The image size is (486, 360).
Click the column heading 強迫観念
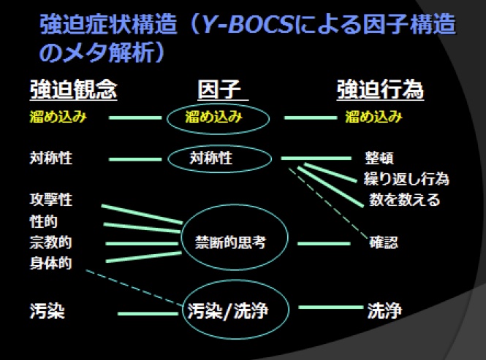click(x=73, y=90)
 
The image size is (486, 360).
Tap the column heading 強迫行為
click(x=380, y=90)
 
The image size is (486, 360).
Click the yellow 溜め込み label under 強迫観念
click(x=58, y=117)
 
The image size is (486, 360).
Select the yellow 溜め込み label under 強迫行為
click(x=373, y=117)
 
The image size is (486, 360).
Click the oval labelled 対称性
click(x=219, y=158)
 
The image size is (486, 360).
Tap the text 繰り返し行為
click(x=406, y=179)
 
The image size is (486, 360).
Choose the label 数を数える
click(x=404, y=199)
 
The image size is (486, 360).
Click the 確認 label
click(x=384, y=243)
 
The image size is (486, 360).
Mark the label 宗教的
click(x=50, y=242)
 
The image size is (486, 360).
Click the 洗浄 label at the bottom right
click(x=384, y=312)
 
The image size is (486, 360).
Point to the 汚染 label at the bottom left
click(x=48, y=312)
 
